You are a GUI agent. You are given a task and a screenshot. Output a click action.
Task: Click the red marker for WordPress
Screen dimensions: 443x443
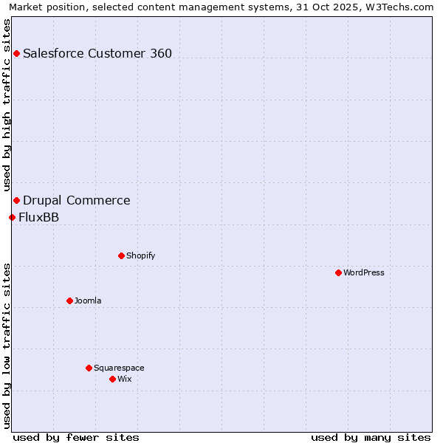pos(338,272)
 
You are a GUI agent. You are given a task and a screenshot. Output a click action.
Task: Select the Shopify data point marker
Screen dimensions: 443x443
pos(121,255)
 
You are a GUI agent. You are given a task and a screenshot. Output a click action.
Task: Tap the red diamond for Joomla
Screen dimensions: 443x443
pos(69,301)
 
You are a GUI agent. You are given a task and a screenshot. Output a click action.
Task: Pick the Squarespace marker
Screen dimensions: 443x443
pos(89,368)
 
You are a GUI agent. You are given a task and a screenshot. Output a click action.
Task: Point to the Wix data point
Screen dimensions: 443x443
pos(112,379)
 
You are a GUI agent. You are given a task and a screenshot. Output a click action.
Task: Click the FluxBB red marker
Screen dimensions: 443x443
pos(12,217)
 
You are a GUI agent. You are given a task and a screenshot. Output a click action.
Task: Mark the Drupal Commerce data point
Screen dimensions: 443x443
pos(16,200)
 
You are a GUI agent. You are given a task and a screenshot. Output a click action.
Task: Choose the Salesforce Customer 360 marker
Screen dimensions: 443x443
pos(16,53)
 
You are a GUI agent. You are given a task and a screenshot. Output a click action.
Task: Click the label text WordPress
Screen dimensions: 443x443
pos(364,272)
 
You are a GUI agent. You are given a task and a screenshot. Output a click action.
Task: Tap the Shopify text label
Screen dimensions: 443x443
pos(140,255)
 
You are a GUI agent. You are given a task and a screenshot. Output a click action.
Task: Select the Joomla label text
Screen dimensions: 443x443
pos(88,301)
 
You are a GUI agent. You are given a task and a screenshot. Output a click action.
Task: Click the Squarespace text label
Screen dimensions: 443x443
pos(119,368)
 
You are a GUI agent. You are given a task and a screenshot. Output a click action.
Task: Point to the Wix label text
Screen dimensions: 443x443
pos(124,379)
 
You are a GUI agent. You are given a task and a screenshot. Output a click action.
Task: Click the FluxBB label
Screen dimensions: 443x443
pos(38,217)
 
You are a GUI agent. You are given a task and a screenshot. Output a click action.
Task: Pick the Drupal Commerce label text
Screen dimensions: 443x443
pos(77,200)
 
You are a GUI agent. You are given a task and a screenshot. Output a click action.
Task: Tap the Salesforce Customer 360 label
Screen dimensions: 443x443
pos(97,53)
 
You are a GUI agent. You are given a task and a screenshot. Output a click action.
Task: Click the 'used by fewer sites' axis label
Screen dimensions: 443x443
pos(76,437)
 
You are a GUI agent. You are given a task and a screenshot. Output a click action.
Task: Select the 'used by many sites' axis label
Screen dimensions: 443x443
pos(371,437)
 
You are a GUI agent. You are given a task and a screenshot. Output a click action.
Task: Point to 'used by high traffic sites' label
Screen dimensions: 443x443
pos(7,105)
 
